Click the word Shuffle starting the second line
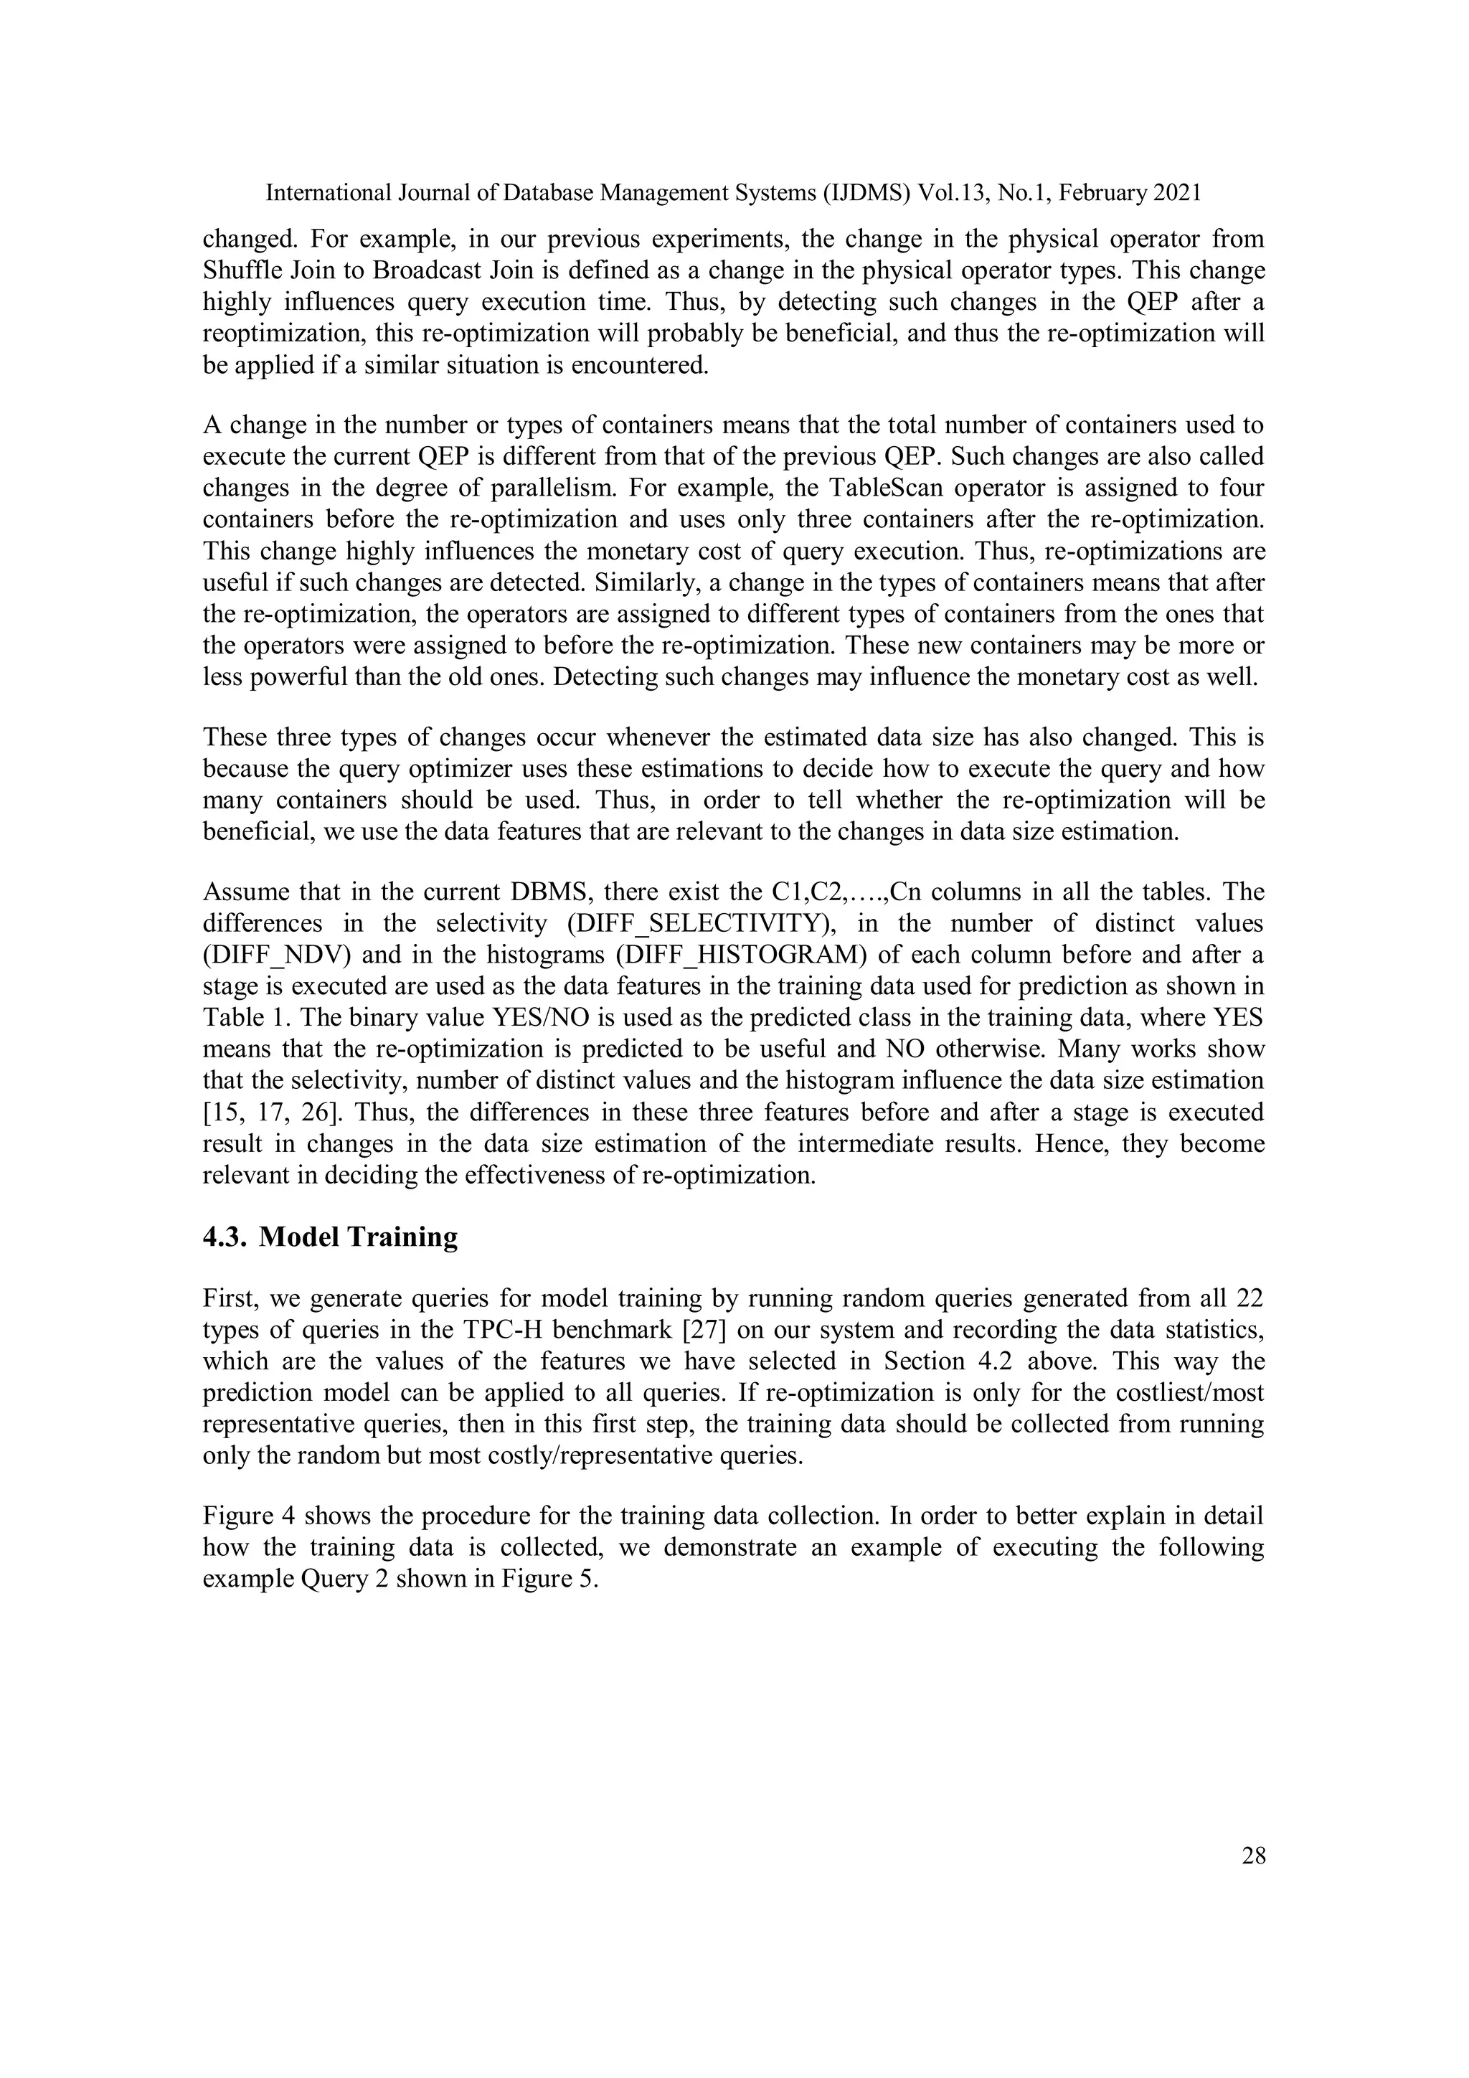point(238,270)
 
